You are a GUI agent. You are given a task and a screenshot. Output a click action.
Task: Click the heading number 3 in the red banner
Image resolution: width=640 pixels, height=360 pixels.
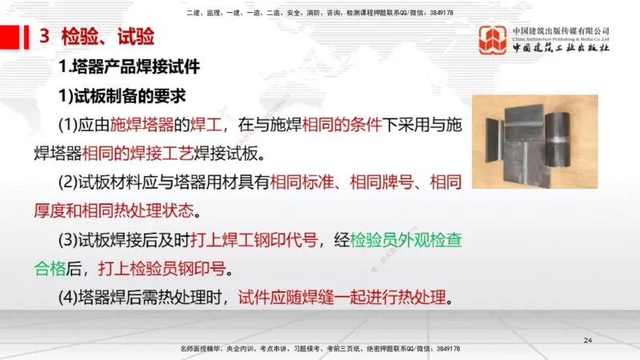click(45, 37)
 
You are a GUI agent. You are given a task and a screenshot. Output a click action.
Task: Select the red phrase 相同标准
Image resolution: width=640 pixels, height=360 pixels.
click(302, 183)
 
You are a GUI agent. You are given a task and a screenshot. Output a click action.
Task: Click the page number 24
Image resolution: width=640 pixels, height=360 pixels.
click(588, 342)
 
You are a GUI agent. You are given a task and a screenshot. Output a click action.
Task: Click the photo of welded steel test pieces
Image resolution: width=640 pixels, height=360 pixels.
click(534, 142)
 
